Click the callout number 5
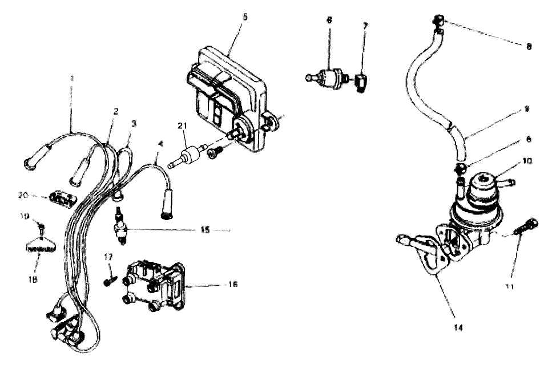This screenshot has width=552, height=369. [244, 17]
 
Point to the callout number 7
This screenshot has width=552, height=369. [365, 26]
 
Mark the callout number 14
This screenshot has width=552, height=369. [455, 328]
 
